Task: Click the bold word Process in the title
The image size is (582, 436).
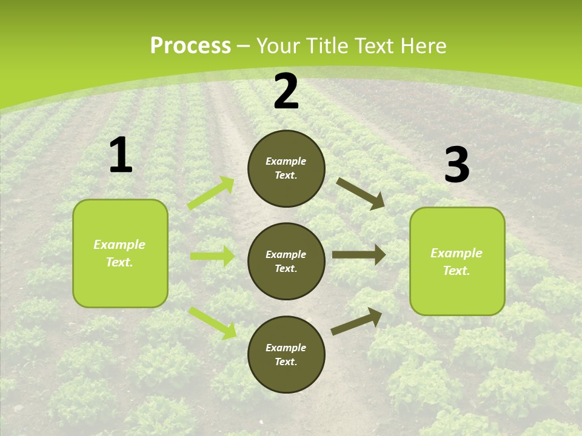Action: (190, 46)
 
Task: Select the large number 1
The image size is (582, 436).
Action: (121, 156)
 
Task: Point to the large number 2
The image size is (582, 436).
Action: (286, 92)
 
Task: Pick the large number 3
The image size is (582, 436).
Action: (457, 165)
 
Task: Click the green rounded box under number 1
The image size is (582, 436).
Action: (120, 253)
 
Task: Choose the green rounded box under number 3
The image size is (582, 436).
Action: (457, 261)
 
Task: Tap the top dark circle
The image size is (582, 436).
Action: (286, 168)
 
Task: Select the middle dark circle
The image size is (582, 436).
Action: (286, 261)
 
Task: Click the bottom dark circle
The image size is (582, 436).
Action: (286, 354)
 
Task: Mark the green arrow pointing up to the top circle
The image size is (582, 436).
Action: (211, 193)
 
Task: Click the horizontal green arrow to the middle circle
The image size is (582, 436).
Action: (212, 256)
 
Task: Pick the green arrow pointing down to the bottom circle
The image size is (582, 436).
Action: (212, 322)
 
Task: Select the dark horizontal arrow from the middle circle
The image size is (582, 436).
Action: (359, 255)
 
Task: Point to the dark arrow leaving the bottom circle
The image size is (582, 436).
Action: (356, 321)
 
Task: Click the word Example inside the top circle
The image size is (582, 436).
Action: (286, 162)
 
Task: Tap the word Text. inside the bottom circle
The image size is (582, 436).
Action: (286, 362)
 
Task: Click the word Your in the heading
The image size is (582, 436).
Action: (275, 46)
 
